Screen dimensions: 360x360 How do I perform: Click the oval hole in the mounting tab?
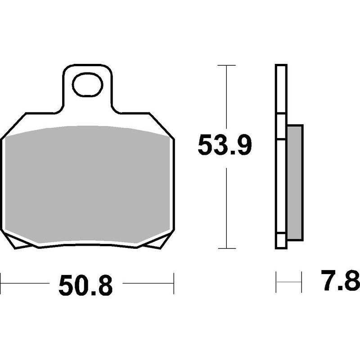coord(87,85)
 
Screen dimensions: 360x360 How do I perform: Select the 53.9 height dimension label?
coord(225,145)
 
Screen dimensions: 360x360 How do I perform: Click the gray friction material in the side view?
coord(295,182)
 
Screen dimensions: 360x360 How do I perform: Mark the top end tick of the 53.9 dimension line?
coord(226,66)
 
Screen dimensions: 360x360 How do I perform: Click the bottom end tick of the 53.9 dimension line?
coord(226,248)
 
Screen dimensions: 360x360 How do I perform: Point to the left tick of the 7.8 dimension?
coord(276,282)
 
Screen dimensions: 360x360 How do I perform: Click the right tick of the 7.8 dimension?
coord(301,282)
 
